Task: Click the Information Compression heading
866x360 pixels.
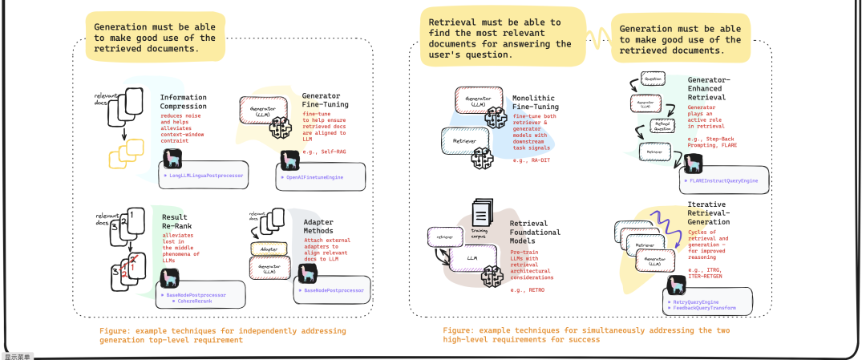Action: (x=182, y=102)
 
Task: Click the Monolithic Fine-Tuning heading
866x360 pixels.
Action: (x=536, y=103)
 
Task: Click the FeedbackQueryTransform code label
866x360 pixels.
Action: (x=706, y=308)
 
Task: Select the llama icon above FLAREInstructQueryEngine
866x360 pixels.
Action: (x=690, y=162)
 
